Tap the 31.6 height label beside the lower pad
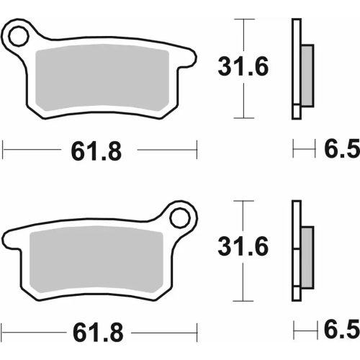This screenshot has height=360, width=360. [243, 248]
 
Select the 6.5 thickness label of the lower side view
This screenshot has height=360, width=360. [341, 332]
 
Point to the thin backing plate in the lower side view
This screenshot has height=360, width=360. [295, 248]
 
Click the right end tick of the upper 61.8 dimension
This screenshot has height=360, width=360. [196, 150]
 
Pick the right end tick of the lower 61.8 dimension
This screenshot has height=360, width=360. [196, 330]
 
